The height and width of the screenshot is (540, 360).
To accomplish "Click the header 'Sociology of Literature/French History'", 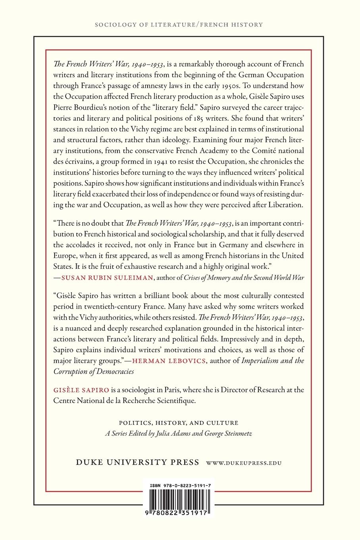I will tap(179, 25).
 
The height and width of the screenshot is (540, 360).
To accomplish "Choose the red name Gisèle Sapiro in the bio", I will tap(81, 390).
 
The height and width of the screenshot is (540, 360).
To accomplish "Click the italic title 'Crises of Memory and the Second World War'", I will tap(244, 278).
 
